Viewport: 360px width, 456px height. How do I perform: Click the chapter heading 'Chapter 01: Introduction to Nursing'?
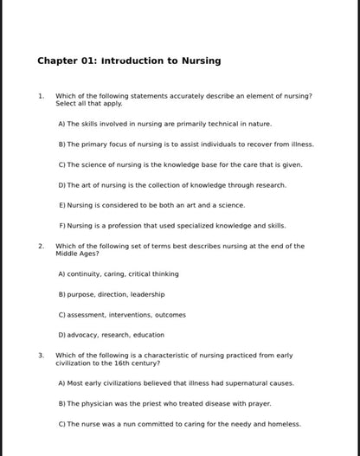[129, 61]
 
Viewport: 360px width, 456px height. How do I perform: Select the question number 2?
[40, 246]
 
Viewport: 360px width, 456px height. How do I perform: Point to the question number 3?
[40, 355]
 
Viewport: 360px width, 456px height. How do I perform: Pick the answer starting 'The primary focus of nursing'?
[186, 144]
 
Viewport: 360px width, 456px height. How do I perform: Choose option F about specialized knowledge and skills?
[171, 226]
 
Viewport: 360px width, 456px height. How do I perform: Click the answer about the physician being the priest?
[164, 403]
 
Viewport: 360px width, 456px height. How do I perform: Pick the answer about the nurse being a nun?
[179, 424]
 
